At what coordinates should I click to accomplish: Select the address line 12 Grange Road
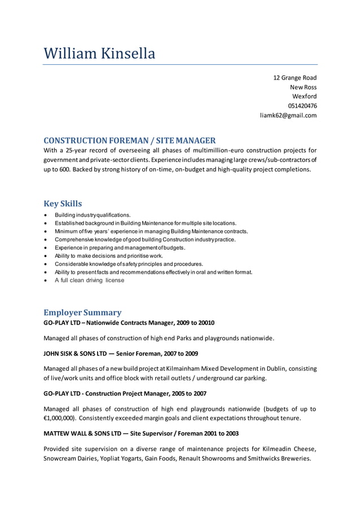pyautogui.click(x=295, y=77)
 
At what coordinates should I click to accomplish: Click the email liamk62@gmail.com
pyautogui.click(x=288, y=115)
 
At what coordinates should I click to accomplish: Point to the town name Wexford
pyautogui.click(x=304, y=96)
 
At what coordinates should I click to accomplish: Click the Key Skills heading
pyautogui.click(x=63, y=203)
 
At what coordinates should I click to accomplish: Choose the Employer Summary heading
pyautogui.click(x=82, y=312)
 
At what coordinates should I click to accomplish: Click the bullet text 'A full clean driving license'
pyautogui.click(x=89, y=280)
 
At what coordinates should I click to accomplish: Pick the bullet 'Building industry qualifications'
pyautogui.click(x=92, y=215)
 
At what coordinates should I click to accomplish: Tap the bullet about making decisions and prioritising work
pyautogui.click(x=100, y=256)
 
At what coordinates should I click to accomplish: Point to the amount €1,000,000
pyautogui.click(x=59, y=418)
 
